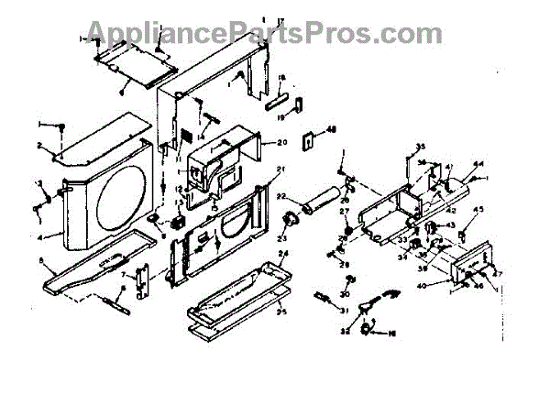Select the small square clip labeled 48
(x=313, y=139)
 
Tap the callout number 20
(x=282, y=142)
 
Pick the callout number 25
(x=284, y=312)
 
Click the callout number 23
(x=281, y=237)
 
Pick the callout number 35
(x=421, y=148)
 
